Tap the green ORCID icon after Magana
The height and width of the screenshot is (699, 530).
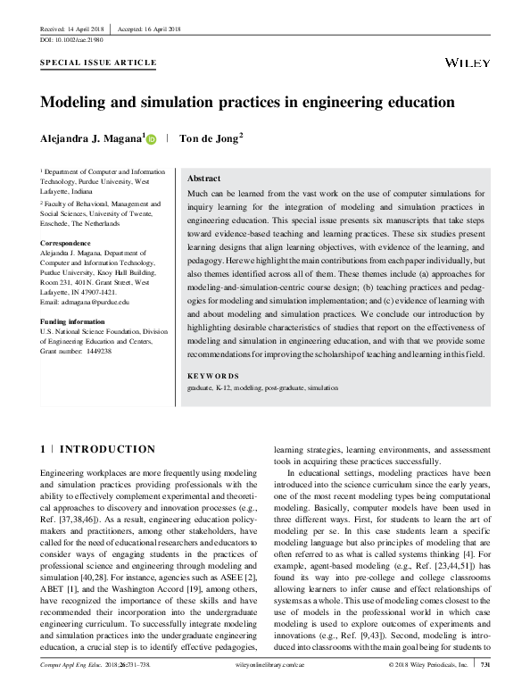tap(151, 139)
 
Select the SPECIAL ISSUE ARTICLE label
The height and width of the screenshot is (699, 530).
tap(99, 63)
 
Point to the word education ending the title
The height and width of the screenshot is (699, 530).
tap(417, 103)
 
